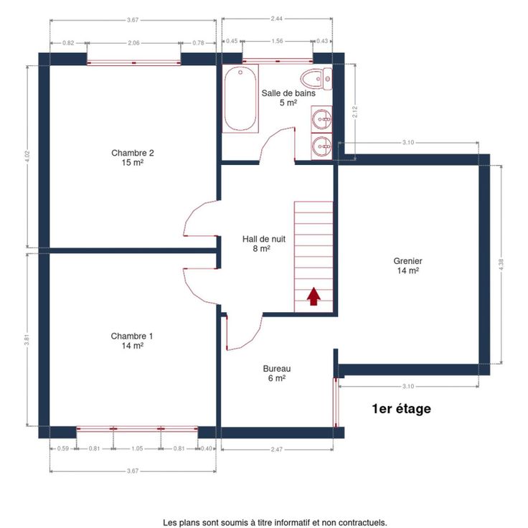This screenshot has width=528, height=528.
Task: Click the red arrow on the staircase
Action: (x=313, y=296)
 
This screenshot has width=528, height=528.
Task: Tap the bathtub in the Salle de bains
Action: (x=240, y=98)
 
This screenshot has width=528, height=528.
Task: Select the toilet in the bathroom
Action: (x=316, y=79)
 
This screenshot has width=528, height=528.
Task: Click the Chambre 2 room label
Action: (x=132, y=158)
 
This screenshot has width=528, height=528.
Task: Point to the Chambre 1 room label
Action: (x=132, y=341)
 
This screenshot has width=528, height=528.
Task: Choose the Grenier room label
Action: (x=407, y=265)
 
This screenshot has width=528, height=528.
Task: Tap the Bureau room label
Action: (x=277, y=374)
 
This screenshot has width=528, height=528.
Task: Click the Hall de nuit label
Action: (x=264, y=244)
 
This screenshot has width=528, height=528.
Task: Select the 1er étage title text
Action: (x=402, y=409)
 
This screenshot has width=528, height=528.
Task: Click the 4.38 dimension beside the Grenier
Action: (x=501, y=264)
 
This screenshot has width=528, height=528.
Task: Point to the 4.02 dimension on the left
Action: (x=27, y=156)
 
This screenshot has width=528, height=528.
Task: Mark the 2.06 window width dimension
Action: (x=133, y=43)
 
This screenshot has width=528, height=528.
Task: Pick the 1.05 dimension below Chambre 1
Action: (x=137, y=448)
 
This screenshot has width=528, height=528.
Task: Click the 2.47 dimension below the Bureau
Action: (x=276, y=449)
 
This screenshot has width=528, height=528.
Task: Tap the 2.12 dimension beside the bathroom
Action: (x=355, y=112)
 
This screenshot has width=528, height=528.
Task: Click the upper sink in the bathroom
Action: (x=321, y=118)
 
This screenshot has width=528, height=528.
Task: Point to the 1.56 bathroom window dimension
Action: (x=277, y=41)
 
